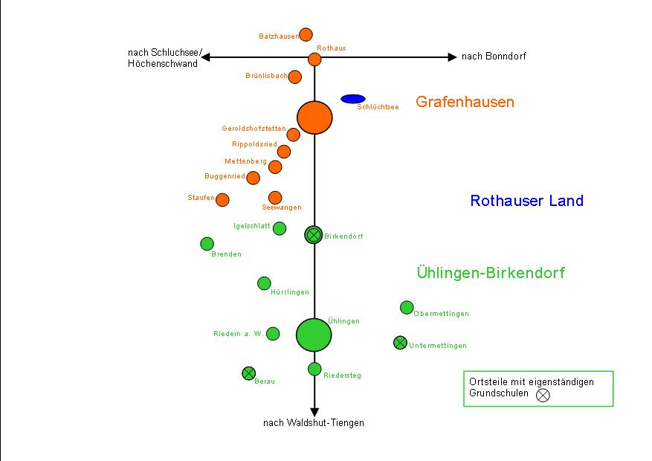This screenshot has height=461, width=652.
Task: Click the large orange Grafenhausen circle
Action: click(x=314, y=117)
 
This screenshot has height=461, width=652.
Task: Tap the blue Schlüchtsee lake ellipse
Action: click(x=352, y=99)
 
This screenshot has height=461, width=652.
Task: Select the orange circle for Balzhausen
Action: click(x=306, y=34)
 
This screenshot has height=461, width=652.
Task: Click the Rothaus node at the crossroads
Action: click(x=314, y=59)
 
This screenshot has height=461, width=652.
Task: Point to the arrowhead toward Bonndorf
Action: click(x=452, y=57)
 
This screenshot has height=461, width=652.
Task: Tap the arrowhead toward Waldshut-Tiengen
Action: click(x=314, y=411)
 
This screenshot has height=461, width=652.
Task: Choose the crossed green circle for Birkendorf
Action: click(x=314, y=235)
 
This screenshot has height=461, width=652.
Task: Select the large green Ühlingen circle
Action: click(x=314, y=335)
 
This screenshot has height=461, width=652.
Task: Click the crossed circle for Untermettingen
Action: click(x=400, y=343)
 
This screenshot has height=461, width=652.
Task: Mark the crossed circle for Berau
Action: click(x=249, y=373)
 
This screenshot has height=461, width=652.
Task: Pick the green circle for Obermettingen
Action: click(x=407, y=307)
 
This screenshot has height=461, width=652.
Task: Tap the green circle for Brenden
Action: click(x=207, y=244)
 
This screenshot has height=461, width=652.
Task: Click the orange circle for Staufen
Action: click(x=222, y=199)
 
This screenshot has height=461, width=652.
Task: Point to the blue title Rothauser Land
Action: click(x=526, y=201)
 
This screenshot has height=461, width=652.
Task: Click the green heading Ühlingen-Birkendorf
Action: click(x=491, y=273)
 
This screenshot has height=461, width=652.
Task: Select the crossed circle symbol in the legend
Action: click(x=543, y=395)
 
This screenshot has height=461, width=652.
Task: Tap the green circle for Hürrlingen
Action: click(x=264, y=283)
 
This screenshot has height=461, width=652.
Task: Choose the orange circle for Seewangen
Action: click(x=275, y=197)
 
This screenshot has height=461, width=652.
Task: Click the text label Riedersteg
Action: click(x=342, y=375)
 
